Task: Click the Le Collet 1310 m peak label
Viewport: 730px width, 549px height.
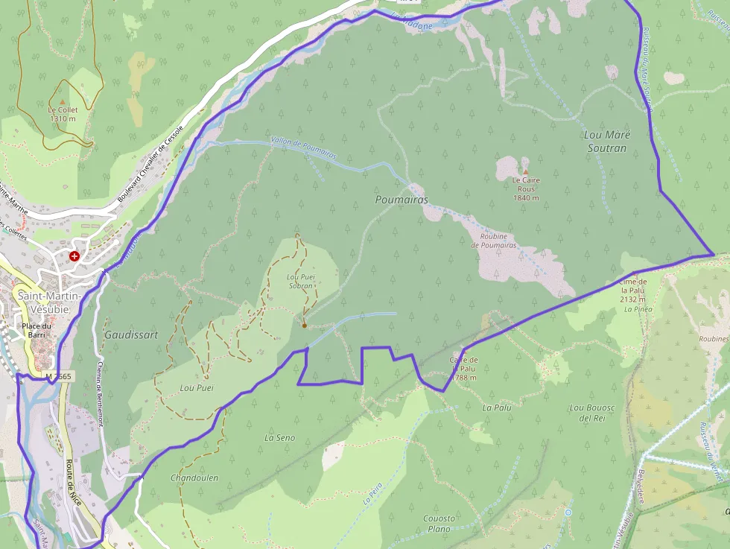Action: click(x=63, y=113)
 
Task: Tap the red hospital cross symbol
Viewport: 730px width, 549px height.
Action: click(x=74, y=256)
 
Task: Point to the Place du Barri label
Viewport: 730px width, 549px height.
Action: click(x=36, y=330)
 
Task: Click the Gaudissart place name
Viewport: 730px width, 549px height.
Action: click(x=131, y=335)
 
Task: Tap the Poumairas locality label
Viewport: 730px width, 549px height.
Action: click(x=401, y=200)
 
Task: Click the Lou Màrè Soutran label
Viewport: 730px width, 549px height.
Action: click(x=607, y=142)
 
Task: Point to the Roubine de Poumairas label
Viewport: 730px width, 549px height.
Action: click(x=494, y=241)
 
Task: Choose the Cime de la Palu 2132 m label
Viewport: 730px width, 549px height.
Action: click(x=633, y=291)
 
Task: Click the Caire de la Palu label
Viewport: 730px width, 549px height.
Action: click(x=463, y=369)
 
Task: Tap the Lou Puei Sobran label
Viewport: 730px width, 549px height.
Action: click(x=300, y=281)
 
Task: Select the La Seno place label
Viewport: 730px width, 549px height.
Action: click(x=279, y=438)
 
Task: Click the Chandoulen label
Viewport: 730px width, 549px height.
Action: click(x=194, y=477)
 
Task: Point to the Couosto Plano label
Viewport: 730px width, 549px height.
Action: click(x=439, y=523)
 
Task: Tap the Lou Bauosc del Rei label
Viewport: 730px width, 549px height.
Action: click(x=591, y=413)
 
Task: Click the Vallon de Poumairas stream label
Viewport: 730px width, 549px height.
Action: click(x=304, y=147)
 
